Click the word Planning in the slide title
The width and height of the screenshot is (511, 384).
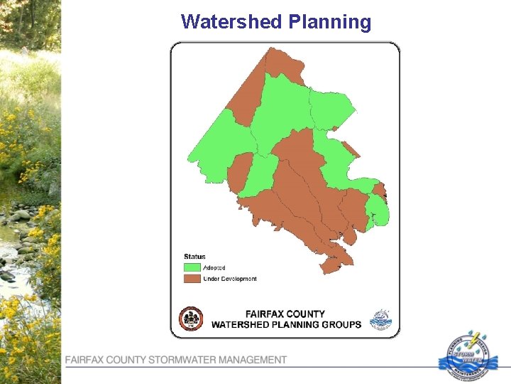click(x=329, y=22)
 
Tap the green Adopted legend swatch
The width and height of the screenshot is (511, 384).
click(x=192, y=267)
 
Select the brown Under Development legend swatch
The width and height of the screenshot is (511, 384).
click(x=192, y=279)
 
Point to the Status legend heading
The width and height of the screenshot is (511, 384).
click(x=194, y=257)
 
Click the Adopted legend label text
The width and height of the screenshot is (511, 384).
click(x=214, y=267)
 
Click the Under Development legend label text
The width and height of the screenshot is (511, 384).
click(x=230, y=279)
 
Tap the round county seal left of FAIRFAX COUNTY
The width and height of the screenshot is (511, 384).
click(x=191, y=319)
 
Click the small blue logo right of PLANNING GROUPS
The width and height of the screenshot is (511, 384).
click(x=381, y=319)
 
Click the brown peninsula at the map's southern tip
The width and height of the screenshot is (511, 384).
click(x=332, y=265)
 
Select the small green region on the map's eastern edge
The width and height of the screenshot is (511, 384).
click(x=378, y=210)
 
